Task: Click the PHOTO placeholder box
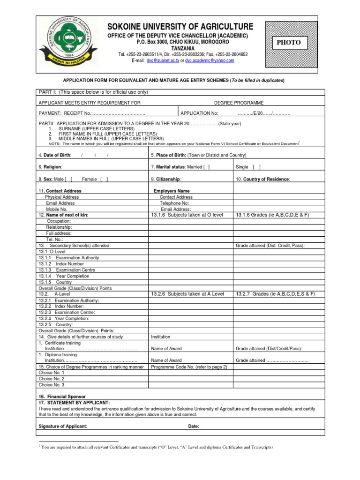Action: click(289, 43)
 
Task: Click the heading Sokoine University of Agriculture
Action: click(180, 27)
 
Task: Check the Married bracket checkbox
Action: click(207, 167)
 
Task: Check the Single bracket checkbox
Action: click(257, 167)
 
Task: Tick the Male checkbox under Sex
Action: click(69, 179)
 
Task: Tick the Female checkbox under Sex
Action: click(105, 179)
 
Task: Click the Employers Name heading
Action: click(172, 191)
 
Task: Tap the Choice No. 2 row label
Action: click(52, 379)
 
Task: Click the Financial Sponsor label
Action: click(62, 397)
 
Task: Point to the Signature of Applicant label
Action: click(62, 427)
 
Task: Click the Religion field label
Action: click(50, 167)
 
